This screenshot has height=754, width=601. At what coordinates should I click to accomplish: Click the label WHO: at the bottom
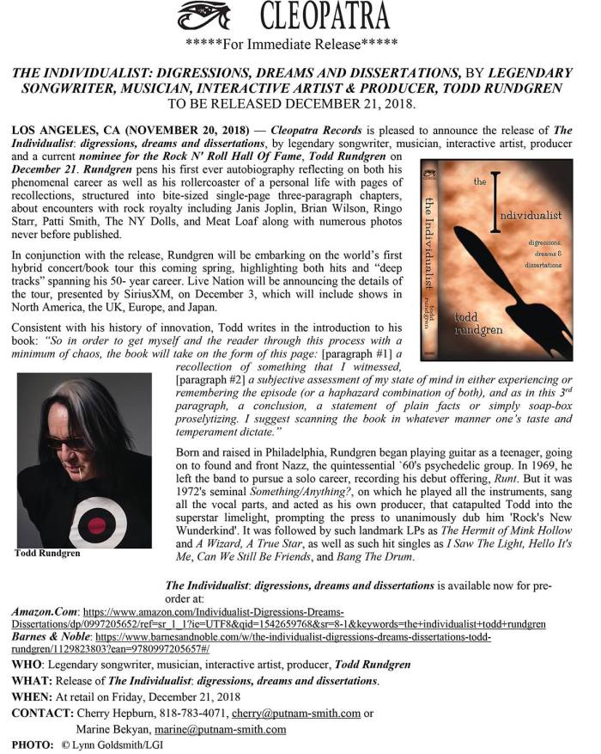point(27,665)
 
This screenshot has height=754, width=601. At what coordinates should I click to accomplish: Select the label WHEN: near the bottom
point(31,696)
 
